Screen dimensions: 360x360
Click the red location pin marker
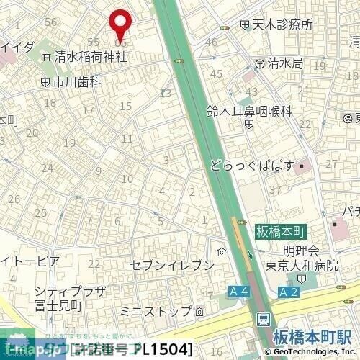(x=120, y=23)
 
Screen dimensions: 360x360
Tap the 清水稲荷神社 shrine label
(x=89, y=57)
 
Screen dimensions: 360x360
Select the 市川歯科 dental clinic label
(x=76, y=81)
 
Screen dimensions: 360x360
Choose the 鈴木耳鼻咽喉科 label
(x=249, y=111)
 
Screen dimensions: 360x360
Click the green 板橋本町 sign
(x=281, y=233)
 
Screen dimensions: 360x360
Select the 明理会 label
(x=301, y=251)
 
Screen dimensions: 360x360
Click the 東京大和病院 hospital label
(x=301, y=264)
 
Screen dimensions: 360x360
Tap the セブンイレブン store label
(x=172, y=266)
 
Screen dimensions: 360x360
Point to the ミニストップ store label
(x=156, y=311)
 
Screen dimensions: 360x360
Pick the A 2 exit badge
(x=289, y=292)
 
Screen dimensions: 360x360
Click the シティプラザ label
(x=70, y=292)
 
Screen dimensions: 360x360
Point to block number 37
(x=274, y=189)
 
